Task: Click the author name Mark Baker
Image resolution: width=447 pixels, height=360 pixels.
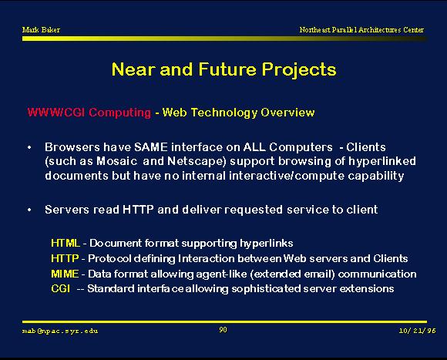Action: point(41,29)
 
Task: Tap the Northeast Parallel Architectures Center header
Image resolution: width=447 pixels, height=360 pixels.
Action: point(361,29)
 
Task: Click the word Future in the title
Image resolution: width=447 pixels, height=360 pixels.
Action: point(227,69)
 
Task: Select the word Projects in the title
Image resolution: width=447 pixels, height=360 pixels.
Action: point(299,70)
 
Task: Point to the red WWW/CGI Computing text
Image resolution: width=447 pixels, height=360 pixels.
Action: point(89,113)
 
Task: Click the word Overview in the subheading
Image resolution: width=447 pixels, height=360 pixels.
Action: point(287,112)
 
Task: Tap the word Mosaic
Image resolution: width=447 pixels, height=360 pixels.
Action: point(117,161)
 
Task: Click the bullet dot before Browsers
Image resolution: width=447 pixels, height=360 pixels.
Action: point(29,148)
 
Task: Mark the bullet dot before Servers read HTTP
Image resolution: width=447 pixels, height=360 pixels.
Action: point(29,210)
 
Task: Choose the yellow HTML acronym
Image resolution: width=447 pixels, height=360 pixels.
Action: point(66,243)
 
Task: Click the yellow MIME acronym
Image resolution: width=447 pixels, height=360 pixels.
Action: point(65,274)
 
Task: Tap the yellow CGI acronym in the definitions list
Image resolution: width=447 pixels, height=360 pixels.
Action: point(60,289)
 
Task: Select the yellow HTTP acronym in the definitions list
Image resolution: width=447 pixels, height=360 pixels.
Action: point(65,258)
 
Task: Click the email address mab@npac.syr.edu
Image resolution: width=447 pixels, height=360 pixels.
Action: point(60,331)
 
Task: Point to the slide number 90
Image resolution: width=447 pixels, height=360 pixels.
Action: point(223,330)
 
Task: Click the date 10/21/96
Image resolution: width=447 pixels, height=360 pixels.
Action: point(418,331)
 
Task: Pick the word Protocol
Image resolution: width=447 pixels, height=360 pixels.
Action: point(109,258)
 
